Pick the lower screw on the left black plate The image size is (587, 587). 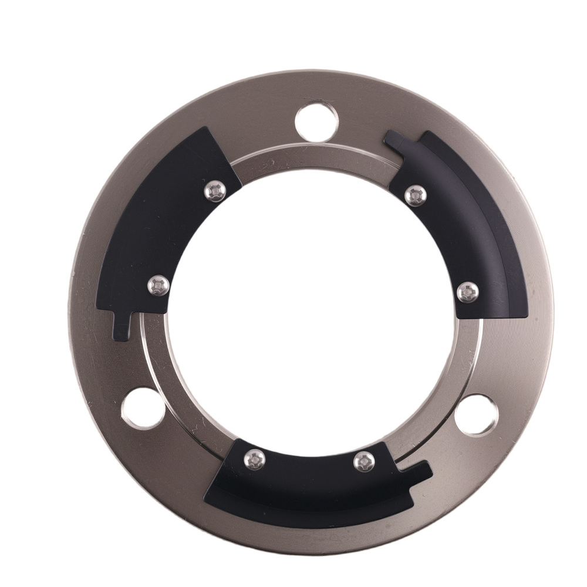pyautogui.click(x=158, y=286)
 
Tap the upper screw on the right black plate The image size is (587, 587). pyautogui.click(x=416, y=195)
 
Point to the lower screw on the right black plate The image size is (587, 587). pyautogui.click(x=467, y=292)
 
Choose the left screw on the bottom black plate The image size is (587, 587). pyautogui.click(x=254, y=458)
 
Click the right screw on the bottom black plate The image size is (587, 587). pyautogui.click(x=364, y=462)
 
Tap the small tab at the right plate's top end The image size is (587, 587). pyautogui.click(x=397, y=140)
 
